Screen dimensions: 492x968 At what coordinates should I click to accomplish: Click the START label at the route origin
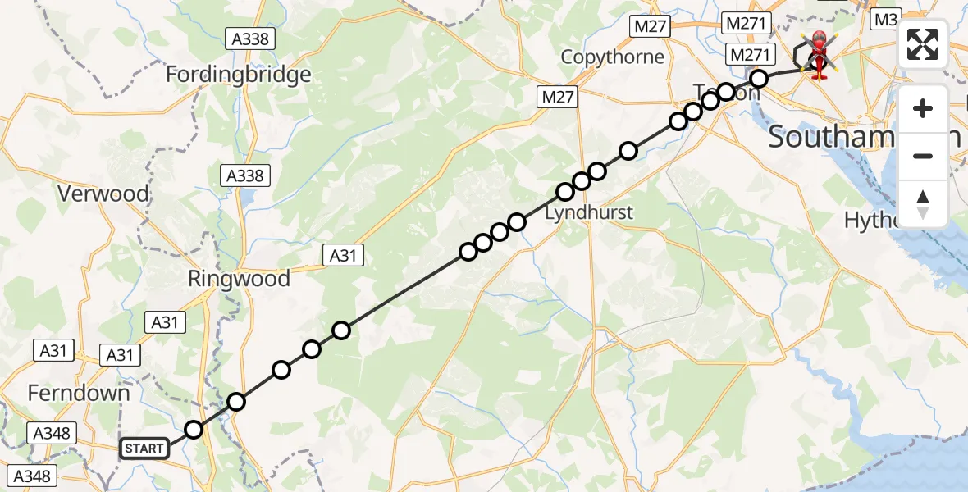click(144, 449)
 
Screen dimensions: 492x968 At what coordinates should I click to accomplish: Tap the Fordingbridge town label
click(239, 75)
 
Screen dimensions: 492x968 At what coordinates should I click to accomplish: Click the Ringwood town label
click(239, 279)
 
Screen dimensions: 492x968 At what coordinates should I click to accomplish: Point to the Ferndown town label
click(79, 393)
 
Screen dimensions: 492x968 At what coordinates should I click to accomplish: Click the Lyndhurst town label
click(589, 212)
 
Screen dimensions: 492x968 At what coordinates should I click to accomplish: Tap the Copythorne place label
click(612, 57)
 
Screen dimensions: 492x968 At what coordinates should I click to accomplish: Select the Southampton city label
click(861, 137)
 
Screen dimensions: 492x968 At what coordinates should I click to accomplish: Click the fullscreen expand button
click(923, 44)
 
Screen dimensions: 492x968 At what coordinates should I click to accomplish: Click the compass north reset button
click(923, 203)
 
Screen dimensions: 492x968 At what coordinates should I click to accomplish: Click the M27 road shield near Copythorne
click(650, 26)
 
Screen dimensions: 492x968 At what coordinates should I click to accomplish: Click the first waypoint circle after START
click(194, 430)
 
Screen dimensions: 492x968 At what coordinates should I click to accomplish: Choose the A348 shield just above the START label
click(52, 433)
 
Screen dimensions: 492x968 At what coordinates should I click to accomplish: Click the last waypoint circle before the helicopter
click(759, 79)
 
